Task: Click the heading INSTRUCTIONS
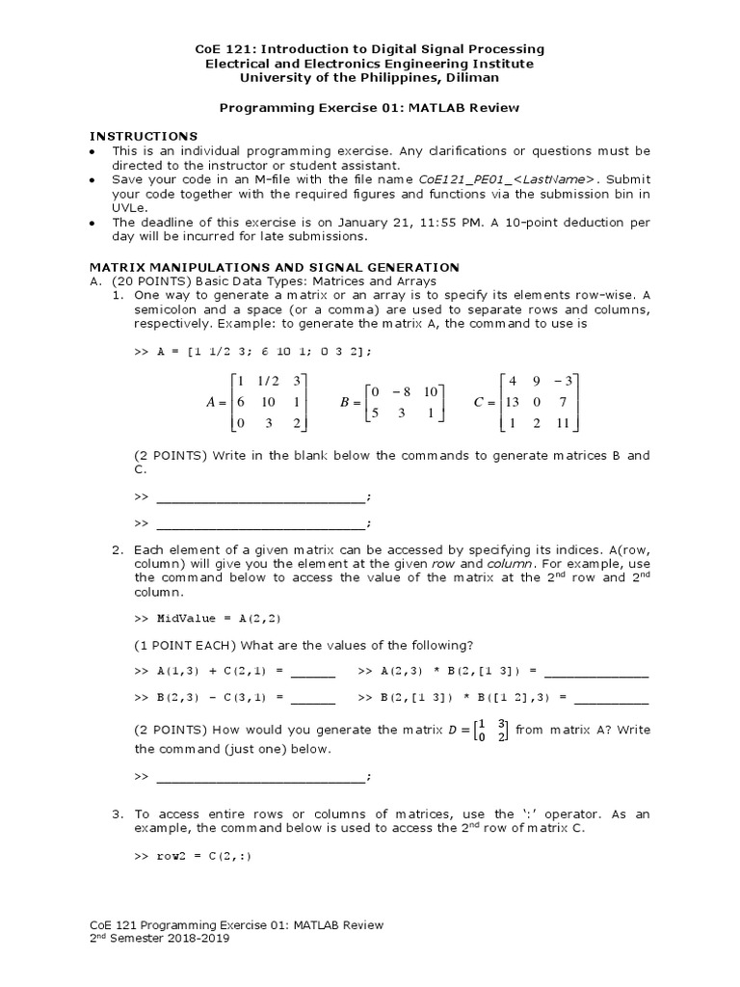click(143, 136)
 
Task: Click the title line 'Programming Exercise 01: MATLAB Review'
click(370, 108)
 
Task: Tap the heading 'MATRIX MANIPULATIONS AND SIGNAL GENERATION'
click(275, 266)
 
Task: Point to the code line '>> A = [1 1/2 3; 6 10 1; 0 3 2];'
click(251, 352)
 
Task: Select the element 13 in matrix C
click(514, 402)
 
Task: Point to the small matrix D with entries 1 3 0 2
click(496, 731)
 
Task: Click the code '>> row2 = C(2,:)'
click(193, 856)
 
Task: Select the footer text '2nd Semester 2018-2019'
click(160, 938)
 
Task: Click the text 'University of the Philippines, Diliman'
click(370, 77)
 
